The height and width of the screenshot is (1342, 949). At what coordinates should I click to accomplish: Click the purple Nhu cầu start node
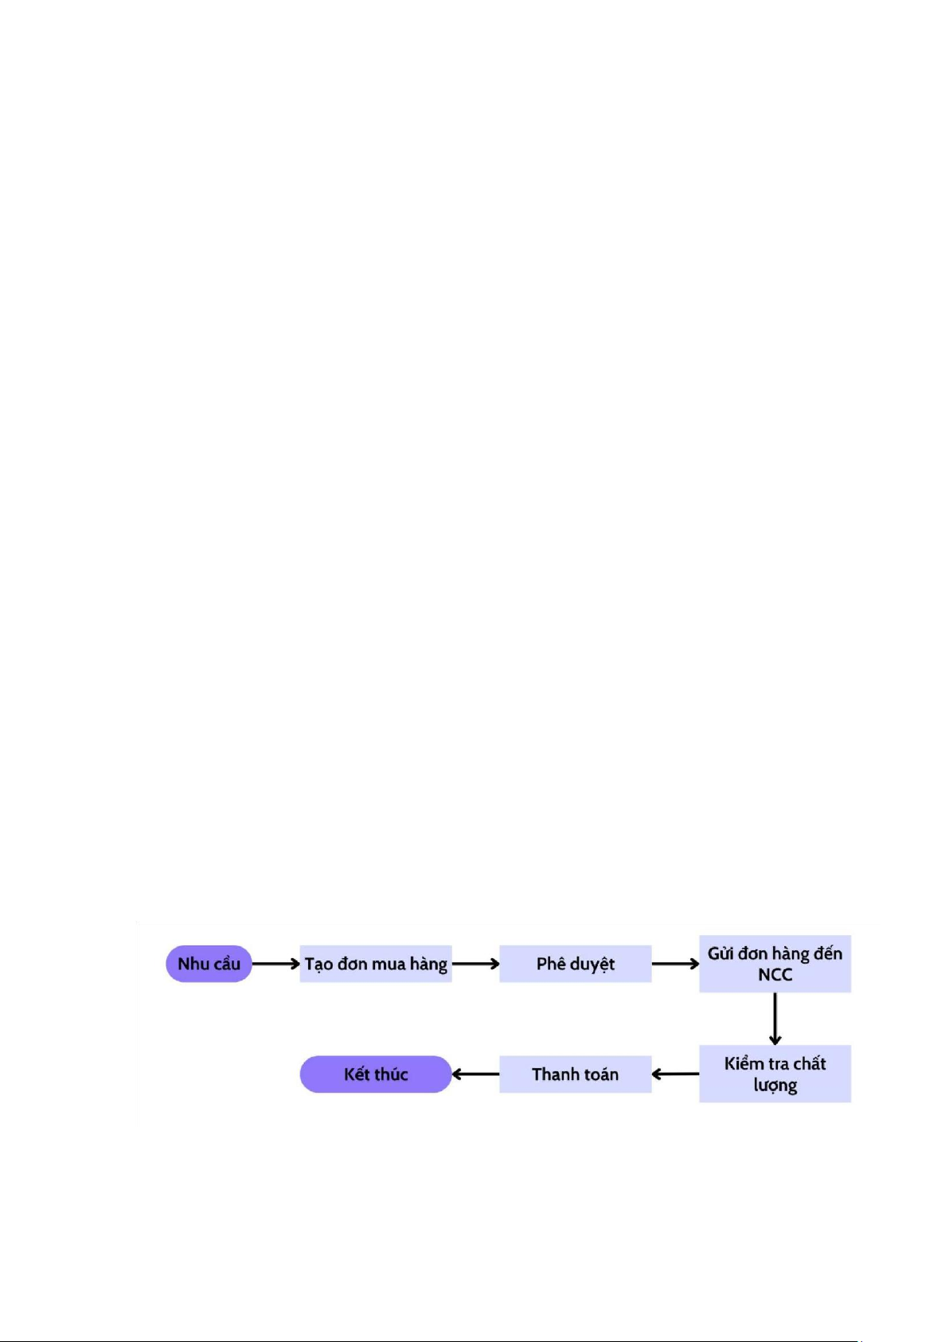(x=209, y=964)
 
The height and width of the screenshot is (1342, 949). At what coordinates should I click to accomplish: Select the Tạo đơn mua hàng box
(x=376, y=964)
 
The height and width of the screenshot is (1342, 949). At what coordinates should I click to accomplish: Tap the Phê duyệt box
(x=576, y=964)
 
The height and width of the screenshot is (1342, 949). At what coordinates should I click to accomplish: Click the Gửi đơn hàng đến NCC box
(x=775, y=964)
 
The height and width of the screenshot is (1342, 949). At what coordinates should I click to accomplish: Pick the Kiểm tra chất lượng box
(x=775, y=1074)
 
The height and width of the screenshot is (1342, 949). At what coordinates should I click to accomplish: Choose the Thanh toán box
(x=576, y=1074)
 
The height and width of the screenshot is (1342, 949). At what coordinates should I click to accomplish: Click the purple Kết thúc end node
(x=376, y=1074)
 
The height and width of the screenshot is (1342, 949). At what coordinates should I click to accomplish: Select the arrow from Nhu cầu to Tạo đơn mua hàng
(x=276, y=964)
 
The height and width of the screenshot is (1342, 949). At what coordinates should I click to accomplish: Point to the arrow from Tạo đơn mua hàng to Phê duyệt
(x=476, y=964)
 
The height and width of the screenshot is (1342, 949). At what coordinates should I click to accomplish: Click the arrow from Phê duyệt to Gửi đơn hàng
(x=675, y=964)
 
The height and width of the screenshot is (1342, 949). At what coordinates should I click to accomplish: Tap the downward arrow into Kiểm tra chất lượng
(x=775, y=1019)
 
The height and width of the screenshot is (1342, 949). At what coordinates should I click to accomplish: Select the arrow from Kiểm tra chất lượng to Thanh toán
(x=675, y=1074)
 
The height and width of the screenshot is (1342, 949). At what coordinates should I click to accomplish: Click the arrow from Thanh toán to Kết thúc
(x=476, y=1074)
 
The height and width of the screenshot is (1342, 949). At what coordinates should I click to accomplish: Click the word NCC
(x=775, y=975)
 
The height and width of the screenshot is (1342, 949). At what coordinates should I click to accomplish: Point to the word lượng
(x=775, y=1086)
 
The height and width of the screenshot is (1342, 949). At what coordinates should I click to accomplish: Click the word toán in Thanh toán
(x=600, y=1074)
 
